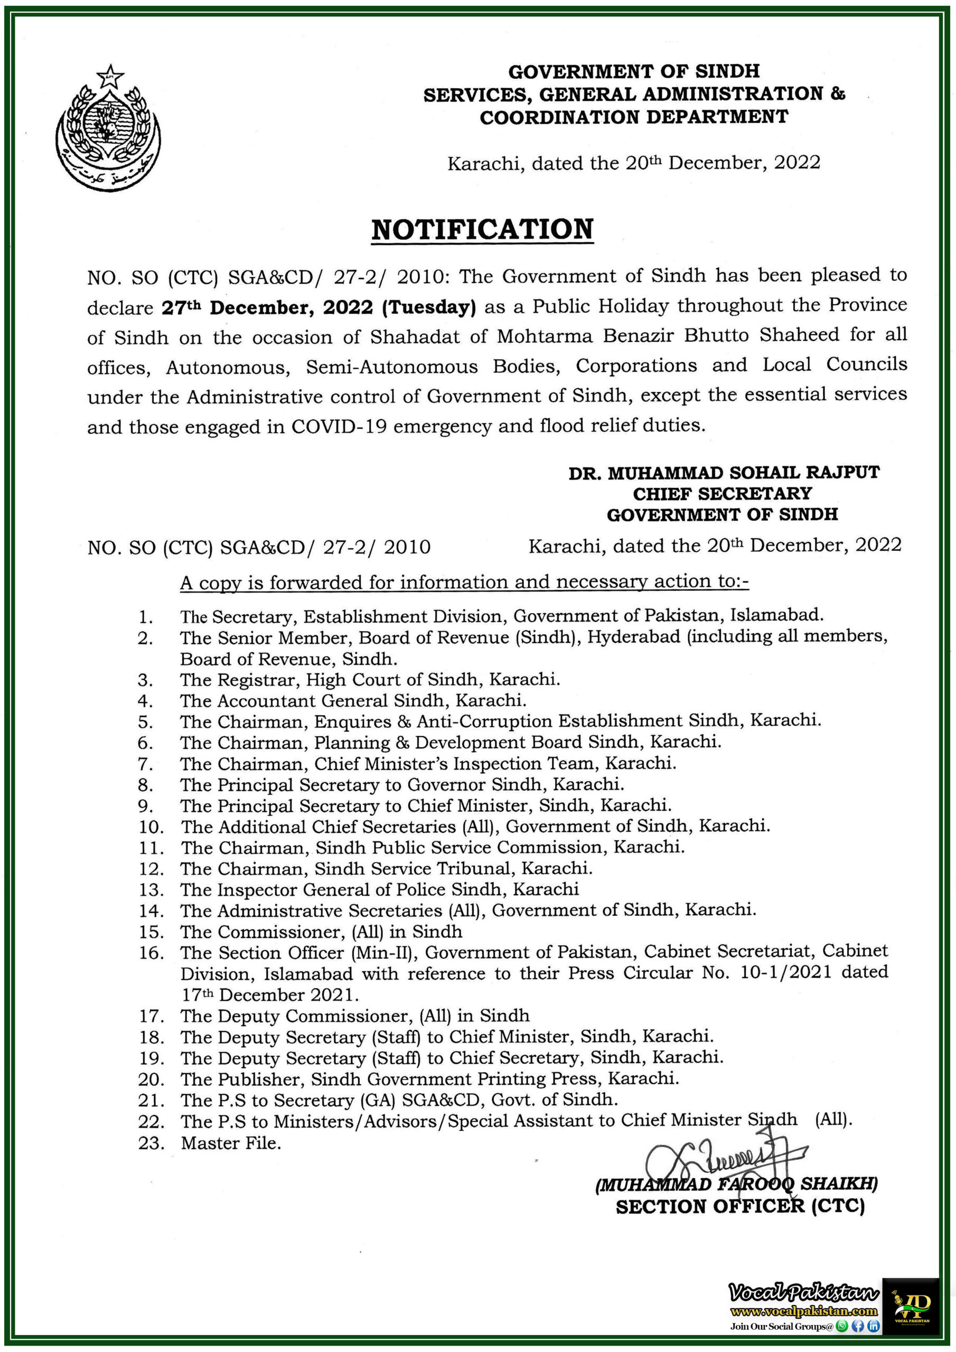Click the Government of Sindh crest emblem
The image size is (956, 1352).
(x=108, y=128)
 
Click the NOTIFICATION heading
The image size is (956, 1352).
(x=482, y=229)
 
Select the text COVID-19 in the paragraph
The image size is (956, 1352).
(x=339, y=426)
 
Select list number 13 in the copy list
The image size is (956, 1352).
(x=151, y=890)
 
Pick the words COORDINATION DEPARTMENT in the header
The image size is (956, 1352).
(x=634, y=117)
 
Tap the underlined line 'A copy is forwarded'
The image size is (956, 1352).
(x=464, y=583)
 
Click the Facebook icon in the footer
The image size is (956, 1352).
(x=858, y=1326)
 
